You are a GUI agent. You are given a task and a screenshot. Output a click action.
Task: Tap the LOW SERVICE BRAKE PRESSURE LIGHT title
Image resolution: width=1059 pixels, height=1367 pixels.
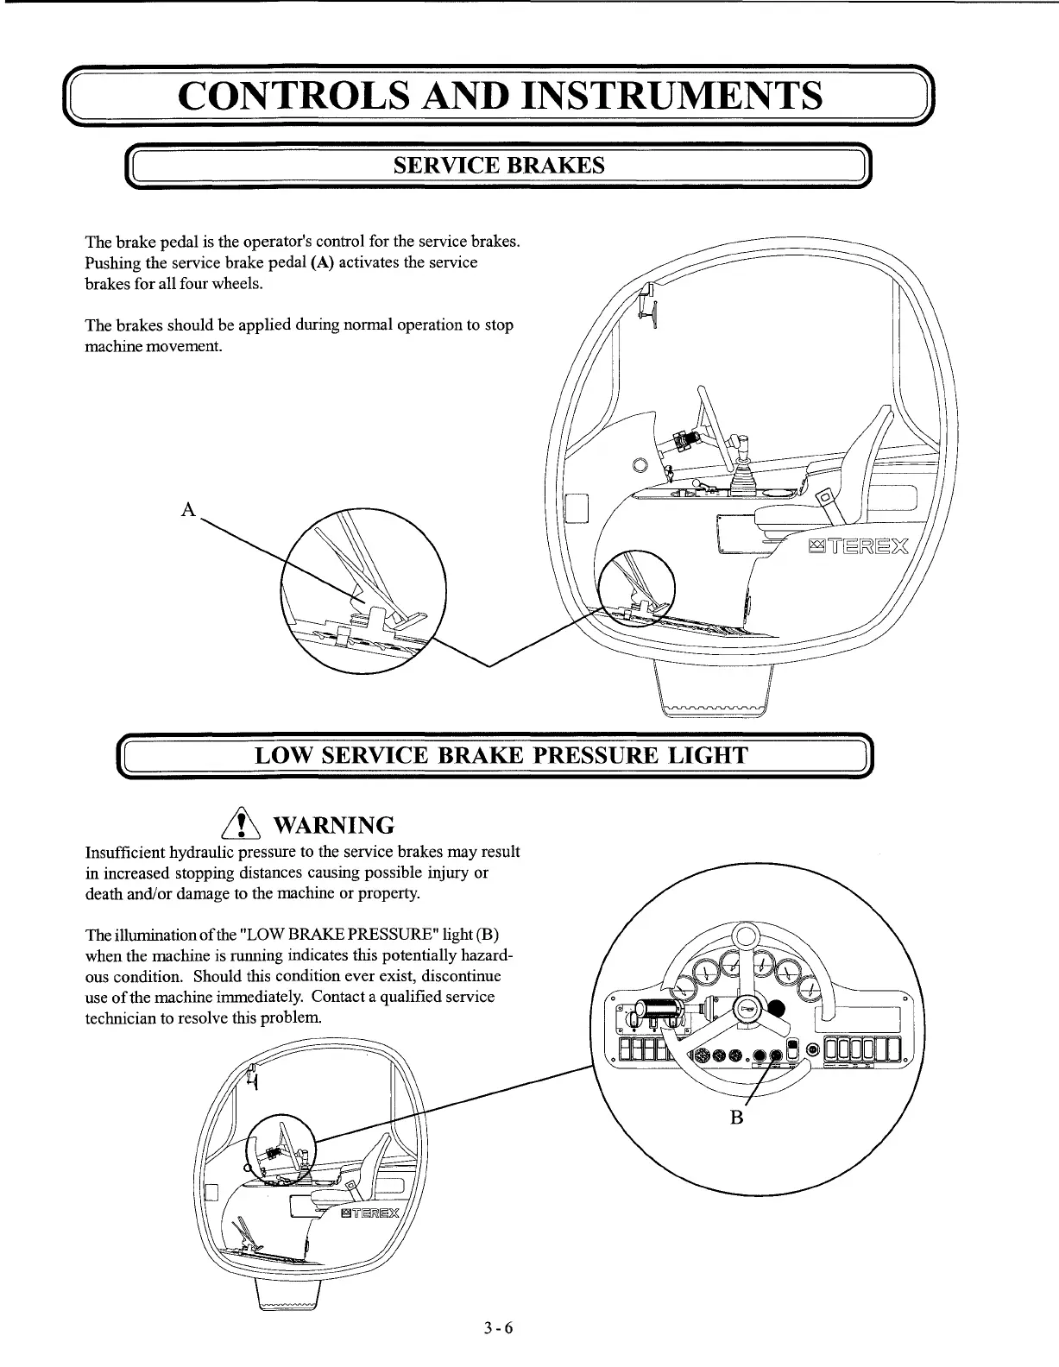(501, 757)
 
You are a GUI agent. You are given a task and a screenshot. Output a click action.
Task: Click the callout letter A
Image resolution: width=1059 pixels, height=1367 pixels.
(187, 509)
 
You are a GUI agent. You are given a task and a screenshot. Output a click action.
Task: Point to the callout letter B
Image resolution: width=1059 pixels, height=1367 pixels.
(736, 1118)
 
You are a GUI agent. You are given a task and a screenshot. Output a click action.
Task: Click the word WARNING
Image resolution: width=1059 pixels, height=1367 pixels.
(333, 826)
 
